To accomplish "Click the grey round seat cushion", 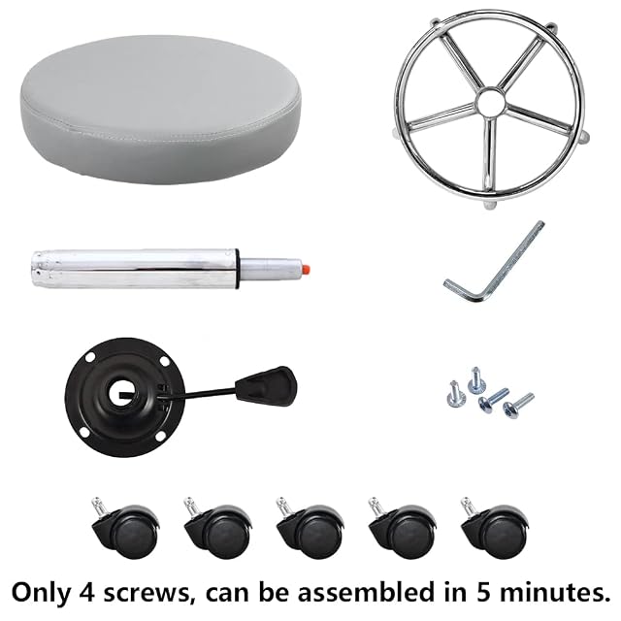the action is tap(162, 109).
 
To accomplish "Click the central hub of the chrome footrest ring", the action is tap(490, 102).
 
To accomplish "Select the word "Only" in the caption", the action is tap(41, 594).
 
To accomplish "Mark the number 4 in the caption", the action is tap(86, 592).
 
